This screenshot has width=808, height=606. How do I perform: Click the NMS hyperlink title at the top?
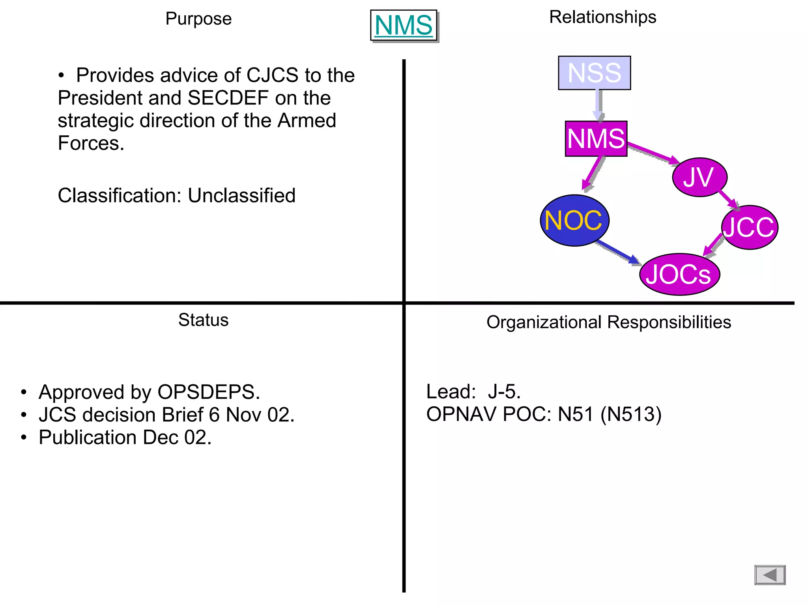pos(403,25)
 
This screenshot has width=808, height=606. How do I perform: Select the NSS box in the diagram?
pos(594,73)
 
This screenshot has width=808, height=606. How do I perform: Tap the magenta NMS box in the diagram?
pos(596,139)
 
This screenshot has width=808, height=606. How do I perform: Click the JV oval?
pos(699,177)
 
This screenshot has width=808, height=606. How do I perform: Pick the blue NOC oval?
pos(574,220)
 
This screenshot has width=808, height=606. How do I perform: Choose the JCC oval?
pos(749,227)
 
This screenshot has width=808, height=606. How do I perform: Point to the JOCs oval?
pos(679,274)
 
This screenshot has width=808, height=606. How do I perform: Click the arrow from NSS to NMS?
pos(599,105)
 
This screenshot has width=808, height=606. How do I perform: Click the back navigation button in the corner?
pos(770,575)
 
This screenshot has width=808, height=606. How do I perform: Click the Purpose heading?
pos(198,19)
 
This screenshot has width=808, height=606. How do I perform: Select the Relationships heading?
pos(602,17)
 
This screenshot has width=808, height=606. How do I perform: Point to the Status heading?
pos(203,320)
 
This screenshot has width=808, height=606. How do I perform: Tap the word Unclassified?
pos(241,195)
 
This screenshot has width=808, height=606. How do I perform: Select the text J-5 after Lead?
pos(504,392)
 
